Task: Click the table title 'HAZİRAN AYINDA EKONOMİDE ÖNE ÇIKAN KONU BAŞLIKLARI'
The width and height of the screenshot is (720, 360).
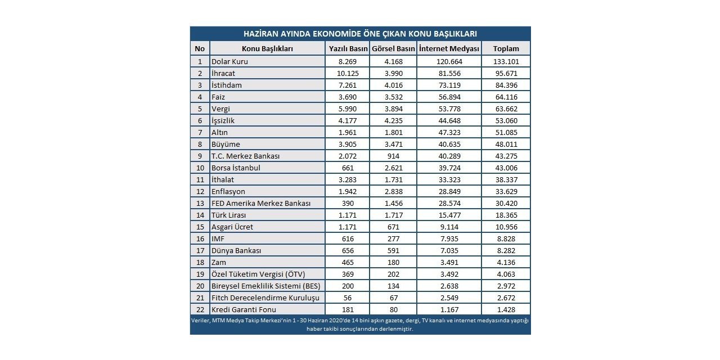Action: (x=360, y=34)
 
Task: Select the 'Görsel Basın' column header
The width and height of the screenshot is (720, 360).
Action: (x=393, y=48)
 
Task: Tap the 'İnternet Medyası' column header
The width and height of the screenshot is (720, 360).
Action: (x=449, y=48)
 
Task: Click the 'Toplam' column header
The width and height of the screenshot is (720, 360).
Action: (x=505, y=48)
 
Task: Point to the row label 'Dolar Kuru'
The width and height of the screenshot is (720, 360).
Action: (x=230, y=61)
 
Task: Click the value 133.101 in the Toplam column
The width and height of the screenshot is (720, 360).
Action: (x=505, y=61)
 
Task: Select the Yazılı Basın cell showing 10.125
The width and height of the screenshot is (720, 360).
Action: (x=347, y=73)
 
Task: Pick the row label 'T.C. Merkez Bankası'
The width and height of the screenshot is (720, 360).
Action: (x=245, y=156)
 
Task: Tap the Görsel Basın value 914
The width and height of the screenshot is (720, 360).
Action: (x=393, y=156)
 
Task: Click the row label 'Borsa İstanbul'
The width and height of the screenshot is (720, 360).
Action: (x=236, y=168)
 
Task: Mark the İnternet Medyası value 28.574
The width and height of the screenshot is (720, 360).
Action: (x=449, y=203)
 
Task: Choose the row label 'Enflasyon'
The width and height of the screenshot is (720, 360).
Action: (x=228, y=191)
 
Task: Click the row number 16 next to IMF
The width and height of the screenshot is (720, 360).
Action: (x=199, y=238)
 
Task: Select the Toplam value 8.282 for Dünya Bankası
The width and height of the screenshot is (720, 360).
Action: (x=505, y=250)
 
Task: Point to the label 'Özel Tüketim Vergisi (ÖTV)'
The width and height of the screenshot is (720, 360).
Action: (x=258, y=274)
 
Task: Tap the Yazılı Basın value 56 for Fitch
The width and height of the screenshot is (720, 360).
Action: (x=347, y=298)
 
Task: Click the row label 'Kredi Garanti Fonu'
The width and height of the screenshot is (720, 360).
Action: (x=244, y=309)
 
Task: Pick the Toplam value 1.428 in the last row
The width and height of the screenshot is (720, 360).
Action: (x=505, y=309)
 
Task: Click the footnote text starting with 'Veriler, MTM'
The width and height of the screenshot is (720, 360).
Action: (x=360, y=325)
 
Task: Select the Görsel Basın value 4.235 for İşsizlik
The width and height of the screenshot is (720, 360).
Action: (x=393, y=120)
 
